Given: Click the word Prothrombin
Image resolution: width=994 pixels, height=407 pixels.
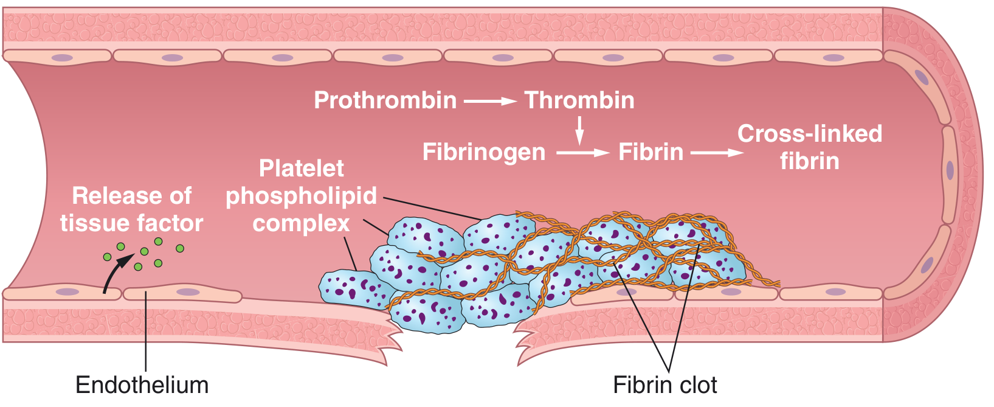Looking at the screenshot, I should click(385, 100).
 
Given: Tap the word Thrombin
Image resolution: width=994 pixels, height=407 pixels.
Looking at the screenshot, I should click(579, 100).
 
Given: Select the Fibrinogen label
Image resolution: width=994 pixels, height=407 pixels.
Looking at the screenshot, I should click(484, 152).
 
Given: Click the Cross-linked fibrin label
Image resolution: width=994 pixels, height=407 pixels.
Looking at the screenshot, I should click(809, 147).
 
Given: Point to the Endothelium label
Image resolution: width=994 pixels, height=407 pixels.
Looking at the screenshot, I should click(142, 385).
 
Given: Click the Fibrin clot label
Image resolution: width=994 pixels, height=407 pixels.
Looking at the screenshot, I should click(664, 385).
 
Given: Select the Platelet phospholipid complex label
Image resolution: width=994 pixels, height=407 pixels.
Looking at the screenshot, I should click(301, 196).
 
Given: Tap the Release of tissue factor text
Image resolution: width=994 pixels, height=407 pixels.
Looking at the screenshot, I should click(131, 210).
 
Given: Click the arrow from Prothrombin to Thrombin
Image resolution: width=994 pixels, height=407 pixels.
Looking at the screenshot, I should click(490, 101).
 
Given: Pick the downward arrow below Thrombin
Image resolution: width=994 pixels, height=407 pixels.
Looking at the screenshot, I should click(579, 130).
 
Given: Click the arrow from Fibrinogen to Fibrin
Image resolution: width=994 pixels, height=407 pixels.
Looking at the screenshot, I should click(582, 153).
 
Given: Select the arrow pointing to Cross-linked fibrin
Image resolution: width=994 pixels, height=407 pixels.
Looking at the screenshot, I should click(717, 153).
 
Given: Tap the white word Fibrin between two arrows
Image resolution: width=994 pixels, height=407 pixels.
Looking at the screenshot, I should click(651, 152).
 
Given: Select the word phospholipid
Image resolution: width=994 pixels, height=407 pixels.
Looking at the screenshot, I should click(301, 196).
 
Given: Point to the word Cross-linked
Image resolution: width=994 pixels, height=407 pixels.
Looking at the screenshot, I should click(809, 134).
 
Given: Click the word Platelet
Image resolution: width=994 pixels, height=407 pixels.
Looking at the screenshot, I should click(301, 169).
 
